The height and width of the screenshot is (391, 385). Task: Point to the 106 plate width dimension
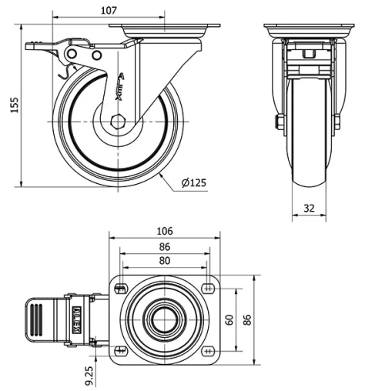click(x=165, y=231)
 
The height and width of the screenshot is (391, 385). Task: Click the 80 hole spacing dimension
click(x=165, y=262)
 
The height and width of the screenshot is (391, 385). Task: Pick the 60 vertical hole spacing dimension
click(x=229, y=319)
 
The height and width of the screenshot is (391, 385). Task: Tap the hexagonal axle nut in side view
click(x=116, y=121)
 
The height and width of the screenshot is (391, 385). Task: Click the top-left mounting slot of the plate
click(x=121, y=289)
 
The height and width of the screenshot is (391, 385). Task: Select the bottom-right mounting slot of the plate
click(x=209, y=351)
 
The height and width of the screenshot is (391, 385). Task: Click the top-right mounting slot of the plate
click(x=209, y=289)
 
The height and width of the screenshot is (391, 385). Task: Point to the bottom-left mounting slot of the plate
click(x=121, y=351)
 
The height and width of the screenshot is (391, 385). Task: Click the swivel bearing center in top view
click(x=165, y=319)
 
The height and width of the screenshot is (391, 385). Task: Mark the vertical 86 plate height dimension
click(x=249, y=319)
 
